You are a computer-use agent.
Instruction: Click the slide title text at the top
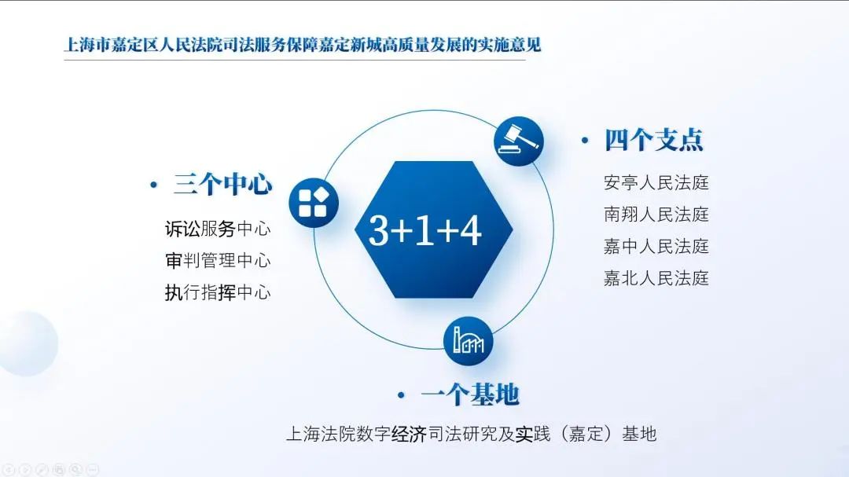(x=303, y=45)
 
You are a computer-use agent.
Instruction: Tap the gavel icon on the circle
(x=518, y=141)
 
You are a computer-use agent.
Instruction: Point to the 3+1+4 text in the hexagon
(x=424, y=230)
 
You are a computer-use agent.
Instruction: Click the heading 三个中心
(x=222, y=185)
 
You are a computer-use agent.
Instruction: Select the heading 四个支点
(x=653, y=140)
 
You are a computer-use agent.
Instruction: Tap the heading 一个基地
(x=470, y=394)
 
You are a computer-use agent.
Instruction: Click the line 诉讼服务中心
(x=217, y=229)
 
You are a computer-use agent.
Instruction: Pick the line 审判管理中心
(x=217, y=260)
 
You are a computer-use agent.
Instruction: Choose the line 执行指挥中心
(x=217, y=292)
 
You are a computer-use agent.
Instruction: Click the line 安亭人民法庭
(x=656, y=182)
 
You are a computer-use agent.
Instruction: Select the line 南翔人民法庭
(x=656, y=214)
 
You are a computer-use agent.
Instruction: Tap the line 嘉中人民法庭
(x=656, y=246)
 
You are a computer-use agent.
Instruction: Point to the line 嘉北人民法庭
(x=656, y=277)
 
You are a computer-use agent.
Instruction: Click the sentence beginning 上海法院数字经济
(x=470, y=433)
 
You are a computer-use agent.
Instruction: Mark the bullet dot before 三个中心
(x=153, y=185)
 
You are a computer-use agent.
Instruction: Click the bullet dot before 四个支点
(x=584, y=141)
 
